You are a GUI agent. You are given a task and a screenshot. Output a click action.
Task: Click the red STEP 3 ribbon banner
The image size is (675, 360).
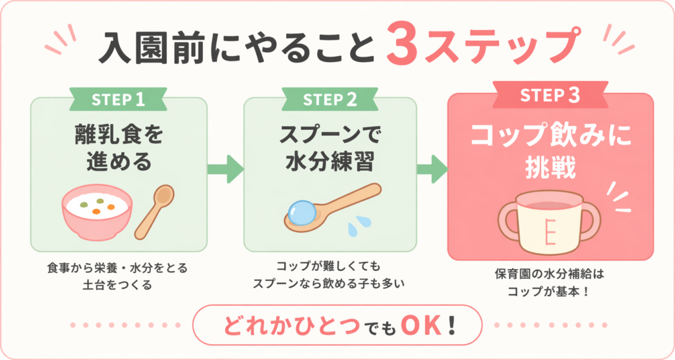click(x=550, y=95)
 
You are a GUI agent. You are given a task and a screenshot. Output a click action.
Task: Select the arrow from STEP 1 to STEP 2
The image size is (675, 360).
click(x=225, y=169)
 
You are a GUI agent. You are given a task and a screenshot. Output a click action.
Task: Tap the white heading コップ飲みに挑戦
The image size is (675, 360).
click(x=550, y=148)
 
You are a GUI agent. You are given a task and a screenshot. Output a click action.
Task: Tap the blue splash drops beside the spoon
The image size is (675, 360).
click(x=357, y=227)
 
